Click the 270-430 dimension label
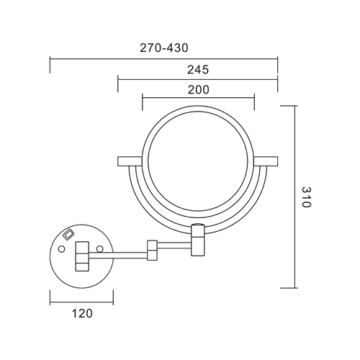click(x=163, y=48)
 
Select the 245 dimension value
click(x=198, y=70)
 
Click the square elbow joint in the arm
click(x=153, y=249)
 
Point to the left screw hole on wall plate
click(x=61, y=248)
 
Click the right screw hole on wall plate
click(x=100, y=248)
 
